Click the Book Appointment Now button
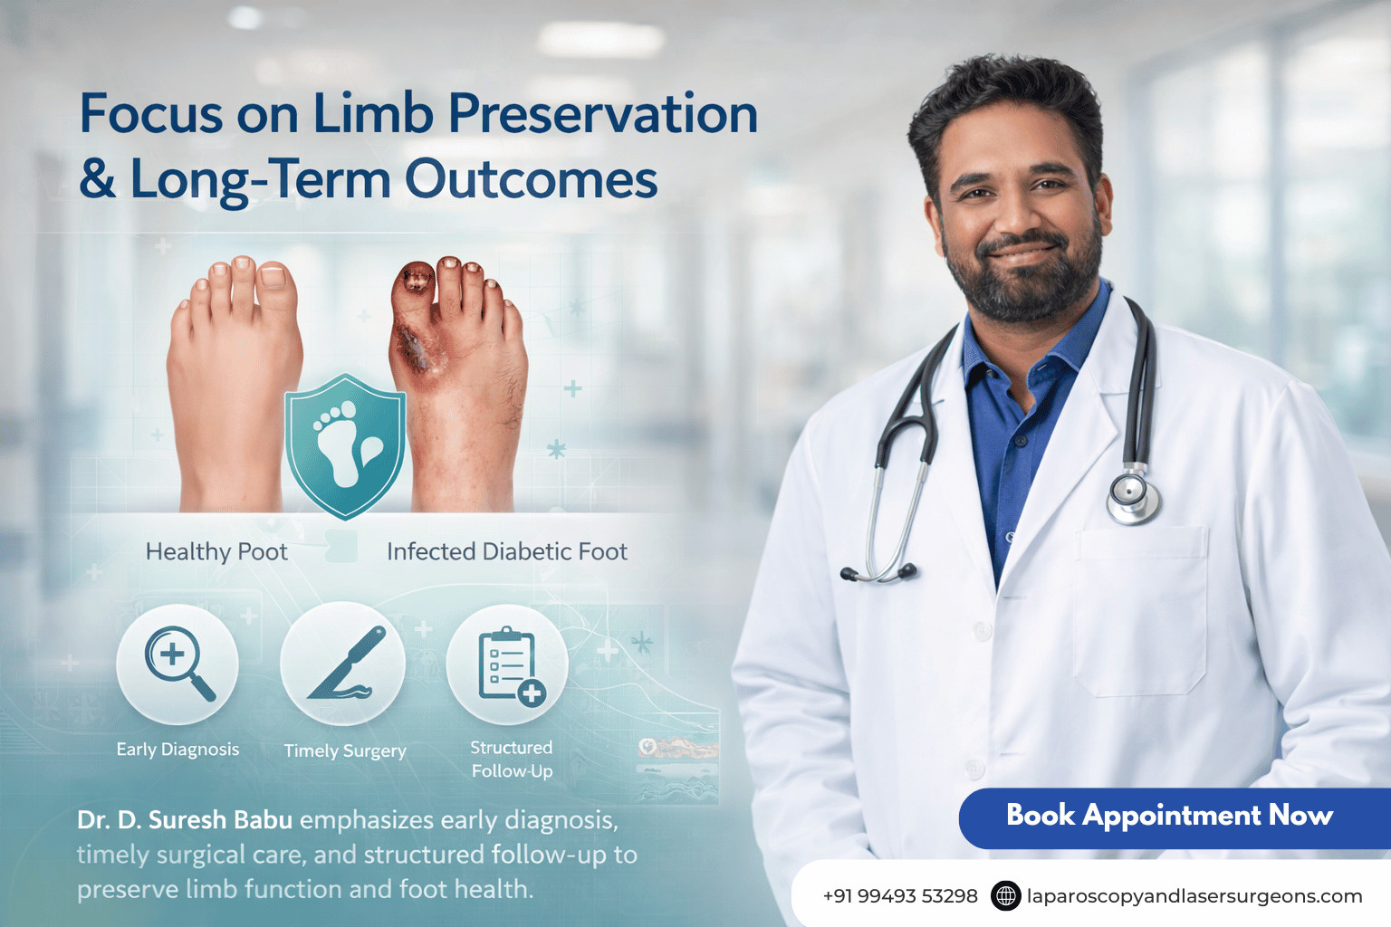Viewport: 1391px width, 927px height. click(x=1169, y=816)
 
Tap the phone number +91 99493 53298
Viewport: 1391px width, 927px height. click(x=899, y=896)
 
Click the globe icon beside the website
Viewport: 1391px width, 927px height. click(x=1005, y=895)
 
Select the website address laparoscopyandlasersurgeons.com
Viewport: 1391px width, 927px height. click(x=1194, y=896)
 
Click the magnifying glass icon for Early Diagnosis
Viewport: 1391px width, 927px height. click(x=178, y=664)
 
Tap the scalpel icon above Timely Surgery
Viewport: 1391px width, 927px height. click(x=343, y=664)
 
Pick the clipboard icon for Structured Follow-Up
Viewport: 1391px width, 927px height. click(x=508, y=664)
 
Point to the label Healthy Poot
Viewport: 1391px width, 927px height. click(x=216, y=551)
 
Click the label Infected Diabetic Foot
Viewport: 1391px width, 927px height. click(x=507, y=551)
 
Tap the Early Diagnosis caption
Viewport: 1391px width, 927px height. click(x=177, y=750)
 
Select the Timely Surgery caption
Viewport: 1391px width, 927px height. click(x=345, y=750)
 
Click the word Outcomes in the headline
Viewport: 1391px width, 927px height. click(x=531, y=179)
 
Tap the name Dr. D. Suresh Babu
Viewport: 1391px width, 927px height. click(x=185, y=820)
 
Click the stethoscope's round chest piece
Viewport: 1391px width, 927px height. click(x=1132, y=496)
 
